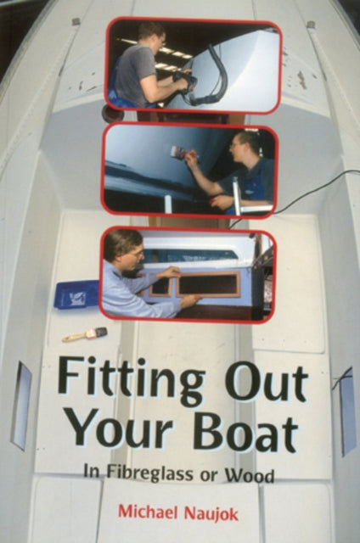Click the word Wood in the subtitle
point(252,475)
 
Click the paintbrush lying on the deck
point(84,334)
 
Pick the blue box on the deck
point(76,294)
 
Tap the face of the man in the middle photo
point(240,145)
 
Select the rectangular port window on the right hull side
point(346,411)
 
